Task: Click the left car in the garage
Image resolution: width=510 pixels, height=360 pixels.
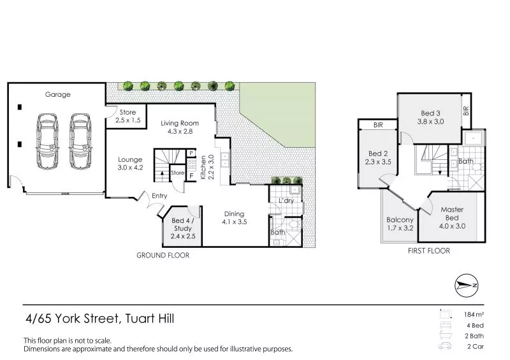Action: (x=47, y=141)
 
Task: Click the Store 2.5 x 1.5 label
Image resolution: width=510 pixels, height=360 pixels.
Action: (x=127, y=116)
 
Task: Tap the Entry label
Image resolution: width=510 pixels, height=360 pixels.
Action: (x=159, y=196)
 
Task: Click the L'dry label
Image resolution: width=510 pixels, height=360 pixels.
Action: (x=285, y=201)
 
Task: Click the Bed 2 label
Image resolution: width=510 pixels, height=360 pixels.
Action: (x=378, y=157)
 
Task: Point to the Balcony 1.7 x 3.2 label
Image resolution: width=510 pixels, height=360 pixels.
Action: (x=400, y=224)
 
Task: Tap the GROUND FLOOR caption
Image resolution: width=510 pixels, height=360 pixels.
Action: (x=163, y=255)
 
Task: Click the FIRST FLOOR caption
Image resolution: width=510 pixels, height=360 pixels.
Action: (x=428, y=251)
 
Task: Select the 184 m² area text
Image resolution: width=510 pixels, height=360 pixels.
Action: (x=474, y=315)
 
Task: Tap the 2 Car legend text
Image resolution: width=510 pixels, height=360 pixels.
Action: (x=474, y=347)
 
